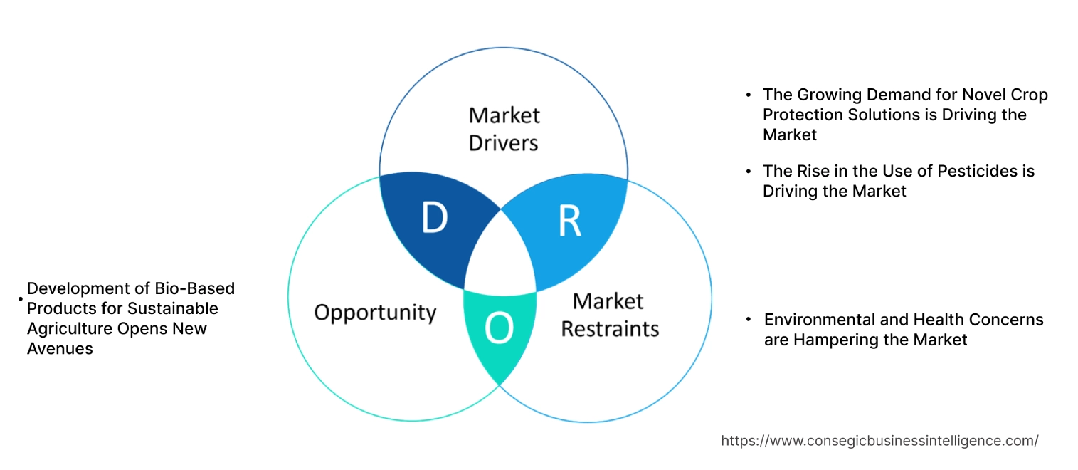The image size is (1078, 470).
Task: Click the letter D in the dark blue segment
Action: pyautogui.click(x=434, y=219)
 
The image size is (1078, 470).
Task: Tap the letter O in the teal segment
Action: pyautogui.click(x=499, y=328)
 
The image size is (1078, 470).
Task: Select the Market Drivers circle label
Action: pyautogui.click(x=504, y=129)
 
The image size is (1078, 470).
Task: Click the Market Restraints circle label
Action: pyautogui.click(x=609, y=315)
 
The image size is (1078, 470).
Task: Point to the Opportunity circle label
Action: pyautogui.click(x=375, y=313)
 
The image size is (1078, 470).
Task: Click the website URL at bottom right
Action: pyautogui.click(x=879, y=441)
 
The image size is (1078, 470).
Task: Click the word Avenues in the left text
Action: pyautogui.click(x=60, y=348)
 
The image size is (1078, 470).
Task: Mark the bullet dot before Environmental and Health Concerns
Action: pyautogui.click(x=749, y=320)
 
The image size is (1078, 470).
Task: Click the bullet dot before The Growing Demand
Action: pyautogui.click(x=748, y=95)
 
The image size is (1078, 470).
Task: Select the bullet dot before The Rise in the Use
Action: pyautogui.click(x=748, y=171)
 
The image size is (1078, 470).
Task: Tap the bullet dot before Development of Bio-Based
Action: pyautogui.click(x=21, y=300)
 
